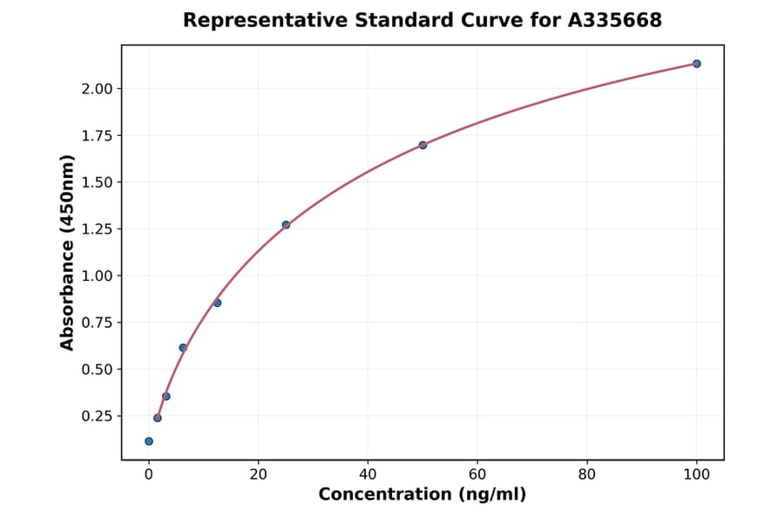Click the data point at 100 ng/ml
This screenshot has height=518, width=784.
click(x=697, y=64)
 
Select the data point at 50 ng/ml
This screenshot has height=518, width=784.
click(x=422, y=145)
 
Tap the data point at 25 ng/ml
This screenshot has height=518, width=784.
click(x=286, y=225)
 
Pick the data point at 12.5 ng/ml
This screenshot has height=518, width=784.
click(x=217, y=303)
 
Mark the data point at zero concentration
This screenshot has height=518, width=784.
click(x=149, y=441)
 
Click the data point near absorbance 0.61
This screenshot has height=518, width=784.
click(x=183, y=348)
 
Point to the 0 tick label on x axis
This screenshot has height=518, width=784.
click(x=149, y=474)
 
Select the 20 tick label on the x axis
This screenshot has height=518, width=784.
click(x=258, y=474)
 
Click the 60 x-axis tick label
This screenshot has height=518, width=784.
click(x=477, y=474)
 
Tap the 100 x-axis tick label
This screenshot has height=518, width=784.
click(x=697, y=474)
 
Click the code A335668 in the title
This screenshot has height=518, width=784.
click(x=615, y=20)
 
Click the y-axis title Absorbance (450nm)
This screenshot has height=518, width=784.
click(x=67, y=252)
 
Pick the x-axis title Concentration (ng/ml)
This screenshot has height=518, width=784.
click(x=422, y=495)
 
